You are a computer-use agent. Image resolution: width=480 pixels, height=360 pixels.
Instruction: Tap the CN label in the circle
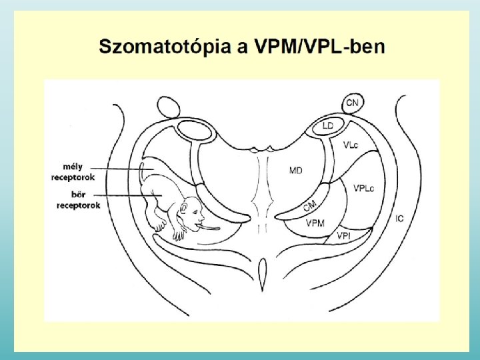pyautogui.click(x=353, y=103)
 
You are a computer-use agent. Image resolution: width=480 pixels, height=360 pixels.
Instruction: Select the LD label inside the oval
pyautogui.click(x=328, y=125)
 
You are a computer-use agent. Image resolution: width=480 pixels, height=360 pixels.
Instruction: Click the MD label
pyautogui.click(x=295, y=171)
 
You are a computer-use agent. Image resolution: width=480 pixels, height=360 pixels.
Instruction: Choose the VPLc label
pyautogui.click(x=364, y=188)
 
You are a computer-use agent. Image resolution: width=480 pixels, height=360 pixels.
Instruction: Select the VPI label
pyautogui.click(x=344, y=235)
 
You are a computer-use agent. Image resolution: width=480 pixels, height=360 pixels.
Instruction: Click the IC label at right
pyautogui.click(x=399, y=218)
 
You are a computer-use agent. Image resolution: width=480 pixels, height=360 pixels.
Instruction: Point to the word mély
pyautogui.click(x=72, y=167)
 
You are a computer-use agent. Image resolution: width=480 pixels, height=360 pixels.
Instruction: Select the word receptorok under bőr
pyautogui.click(x=77, y=205)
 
